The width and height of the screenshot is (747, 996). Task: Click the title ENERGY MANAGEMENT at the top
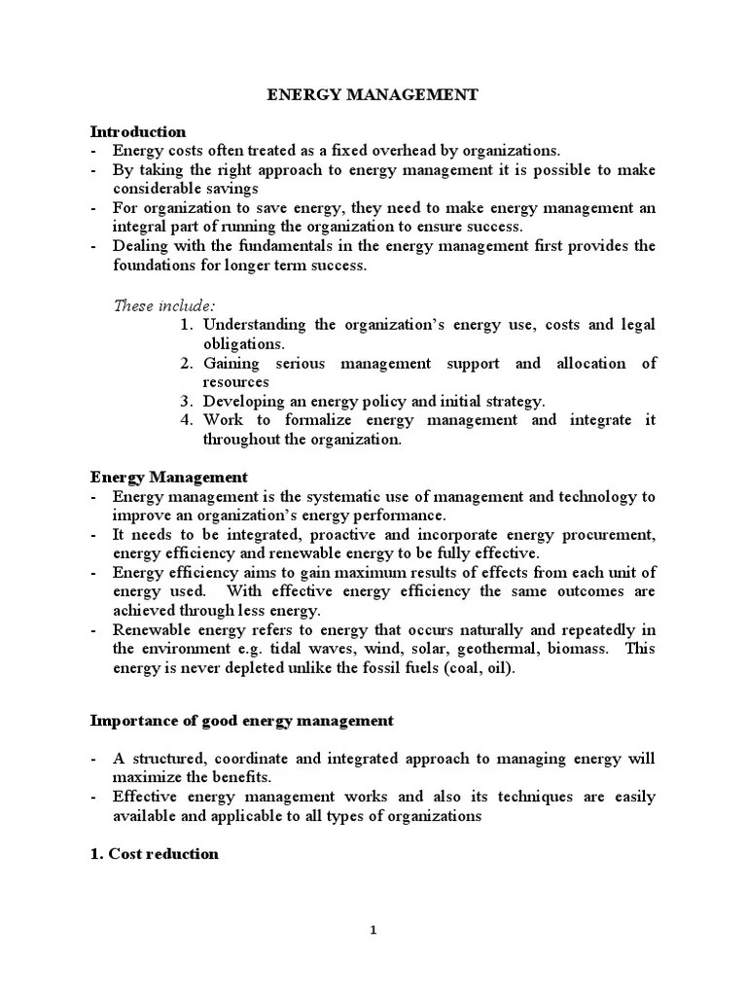click(x=373, y=95)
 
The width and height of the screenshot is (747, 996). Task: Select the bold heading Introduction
click(x=137, y=131)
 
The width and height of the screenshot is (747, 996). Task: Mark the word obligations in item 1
click(x=243, y=343)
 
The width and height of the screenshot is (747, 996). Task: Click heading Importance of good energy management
click(x=242, y=721)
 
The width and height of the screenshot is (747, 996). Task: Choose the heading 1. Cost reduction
click(x=154, y=854)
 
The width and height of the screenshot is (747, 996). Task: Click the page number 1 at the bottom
click(x=373, y=930)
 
